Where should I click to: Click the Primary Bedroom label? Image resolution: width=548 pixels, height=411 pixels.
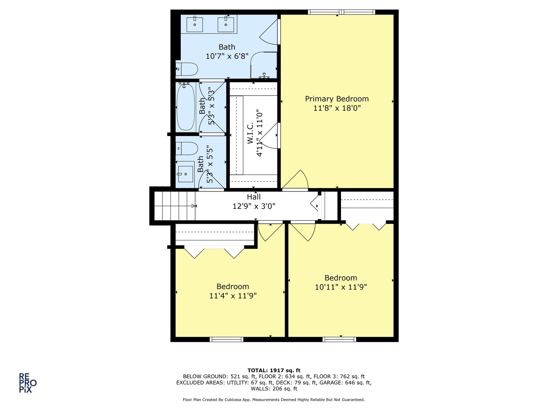click(337, 99)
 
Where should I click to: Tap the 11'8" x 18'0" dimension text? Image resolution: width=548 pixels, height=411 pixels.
click(337, 108)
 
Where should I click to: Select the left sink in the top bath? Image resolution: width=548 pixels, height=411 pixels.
click(194, 24)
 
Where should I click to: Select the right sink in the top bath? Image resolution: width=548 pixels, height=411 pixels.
click(226, 24)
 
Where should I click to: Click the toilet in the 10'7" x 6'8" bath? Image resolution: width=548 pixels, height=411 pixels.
click(187, 69)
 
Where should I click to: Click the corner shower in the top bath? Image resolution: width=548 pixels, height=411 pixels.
click(264, 65)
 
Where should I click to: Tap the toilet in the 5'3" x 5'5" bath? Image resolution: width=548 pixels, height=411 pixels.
click(187, 148)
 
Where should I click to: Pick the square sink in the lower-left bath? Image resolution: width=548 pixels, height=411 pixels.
click(186, 174)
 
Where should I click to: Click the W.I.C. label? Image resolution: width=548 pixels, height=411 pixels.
click(250, 133)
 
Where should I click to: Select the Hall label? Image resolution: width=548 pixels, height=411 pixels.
click(254, 197)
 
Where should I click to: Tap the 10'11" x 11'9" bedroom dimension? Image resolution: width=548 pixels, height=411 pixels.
click(341, 287)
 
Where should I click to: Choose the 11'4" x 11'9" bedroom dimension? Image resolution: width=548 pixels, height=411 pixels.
click(233, 296)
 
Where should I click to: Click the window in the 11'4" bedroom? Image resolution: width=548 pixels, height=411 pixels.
click(226, 339)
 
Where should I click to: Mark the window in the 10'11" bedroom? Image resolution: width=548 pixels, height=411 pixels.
click(339, 339)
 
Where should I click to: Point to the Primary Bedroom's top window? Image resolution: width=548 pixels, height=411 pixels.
click(341, 12)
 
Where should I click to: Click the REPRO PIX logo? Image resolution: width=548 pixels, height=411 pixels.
click(28, 383)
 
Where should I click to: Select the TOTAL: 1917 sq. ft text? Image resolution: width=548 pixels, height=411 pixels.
click(274, 370)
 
